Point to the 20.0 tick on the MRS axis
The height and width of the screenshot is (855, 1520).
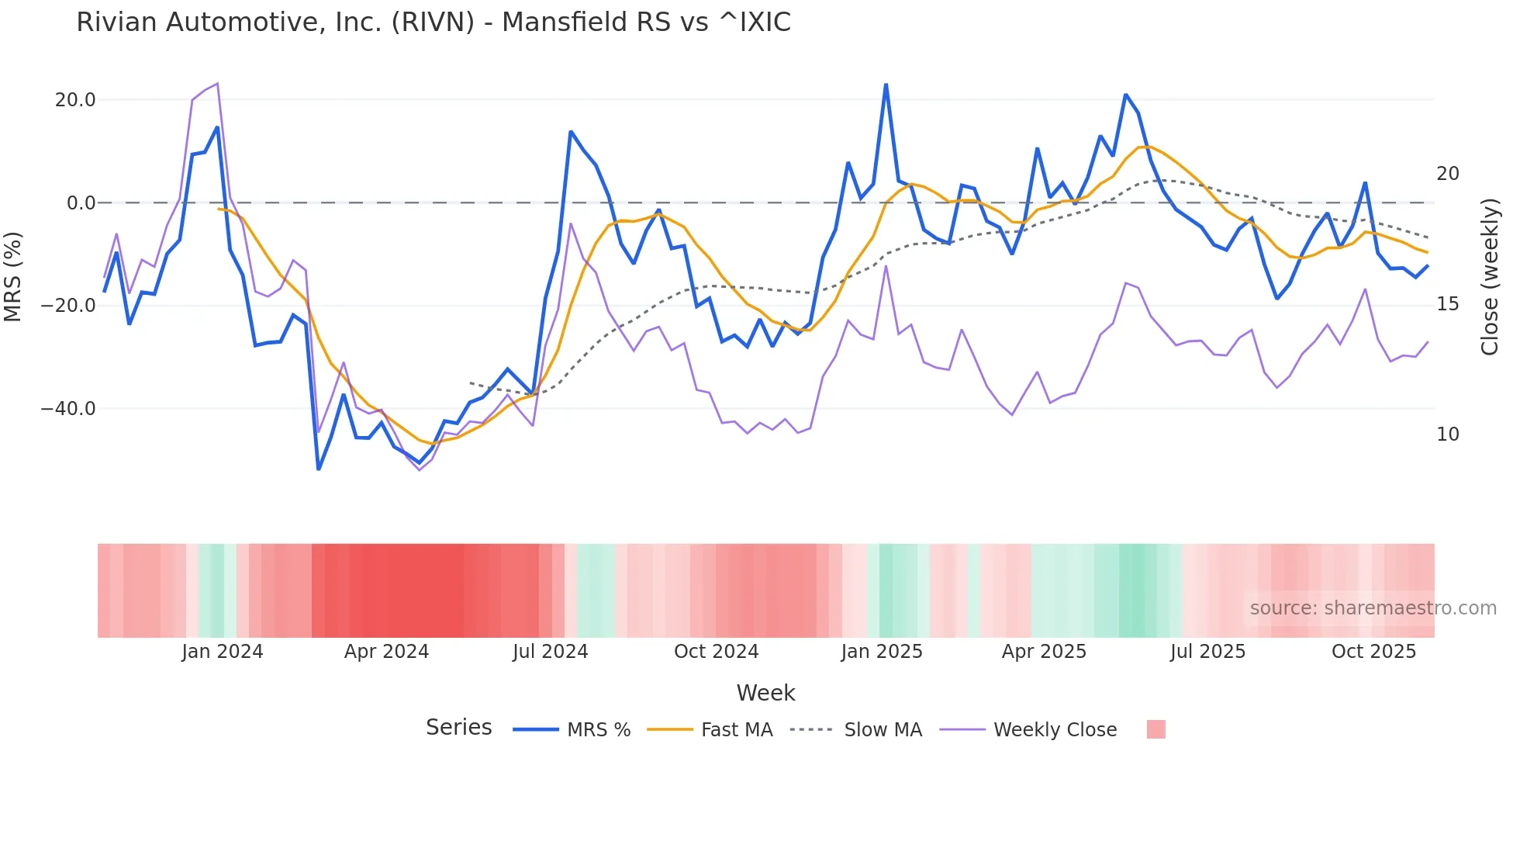(75, 100)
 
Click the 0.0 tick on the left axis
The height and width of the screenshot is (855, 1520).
(81, 203)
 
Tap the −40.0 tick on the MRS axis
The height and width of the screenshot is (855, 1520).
(68, 409)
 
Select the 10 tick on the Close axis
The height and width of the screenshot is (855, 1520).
(1447, 434)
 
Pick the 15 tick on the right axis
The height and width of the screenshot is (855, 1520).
(1447, 304)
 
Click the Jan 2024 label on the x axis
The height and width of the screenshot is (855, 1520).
(223, 652)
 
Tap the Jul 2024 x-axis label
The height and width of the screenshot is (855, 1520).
(550, 652)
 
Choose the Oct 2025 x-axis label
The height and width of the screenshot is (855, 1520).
(1373, 652)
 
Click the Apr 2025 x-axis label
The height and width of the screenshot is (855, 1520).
(1044, 652)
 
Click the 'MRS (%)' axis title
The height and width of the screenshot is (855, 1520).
(13, 276)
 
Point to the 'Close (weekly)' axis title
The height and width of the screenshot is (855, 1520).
(1490, 277)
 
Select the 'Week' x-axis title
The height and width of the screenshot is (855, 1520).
(765, 693)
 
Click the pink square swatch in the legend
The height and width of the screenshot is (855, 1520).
(1156, 730)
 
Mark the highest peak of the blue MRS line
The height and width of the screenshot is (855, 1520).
(886, 85)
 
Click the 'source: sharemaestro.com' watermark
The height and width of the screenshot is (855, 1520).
(1373, 608)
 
